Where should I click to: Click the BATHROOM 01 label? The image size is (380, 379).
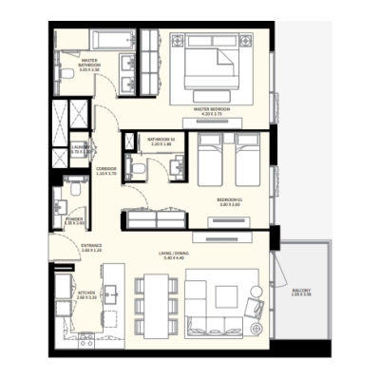click(158, 142)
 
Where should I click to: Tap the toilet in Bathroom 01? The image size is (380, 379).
click(139, 167)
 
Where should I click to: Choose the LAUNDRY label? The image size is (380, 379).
click(81, 149)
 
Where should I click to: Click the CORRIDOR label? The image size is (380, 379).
click(104, 174)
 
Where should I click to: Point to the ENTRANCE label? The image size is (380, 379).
click(91, 248)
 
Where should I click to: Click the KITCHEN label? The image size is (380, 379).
click(87, 294)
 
